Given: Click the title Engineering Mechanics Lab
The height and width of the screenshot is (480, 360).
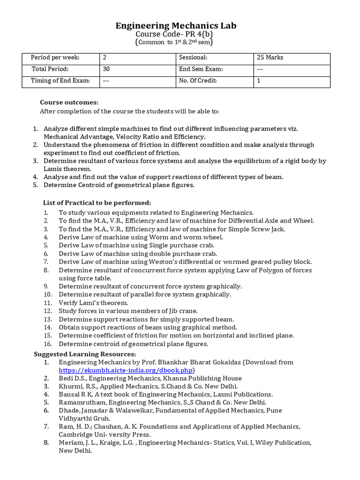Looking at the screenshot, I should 176,26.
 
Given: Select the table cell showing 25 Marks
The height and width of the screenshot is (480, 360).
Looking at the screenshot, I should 270,58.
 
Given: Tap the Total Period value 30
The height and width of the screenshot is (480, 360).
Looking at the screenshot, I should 106,69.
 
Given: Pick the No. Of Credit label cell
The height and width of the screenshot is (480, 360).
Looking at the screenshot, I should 198,81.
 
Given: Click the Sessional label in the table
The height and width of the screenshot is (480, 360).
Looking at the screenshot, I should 193,58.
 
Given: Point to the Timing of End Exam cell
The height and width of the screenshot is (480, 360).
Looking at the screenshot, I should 60,81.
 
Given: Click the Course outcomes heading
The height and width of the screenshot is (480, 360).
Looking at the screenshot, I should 69,102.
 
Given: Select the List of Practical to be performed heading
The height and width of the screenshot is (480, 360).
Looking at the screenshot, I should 97,202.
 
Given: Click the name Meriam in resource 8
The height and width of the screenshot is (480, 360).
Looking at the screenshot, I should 70,442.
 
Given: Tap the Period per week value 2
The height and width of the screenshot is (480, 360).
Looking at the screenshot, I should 105,58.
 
